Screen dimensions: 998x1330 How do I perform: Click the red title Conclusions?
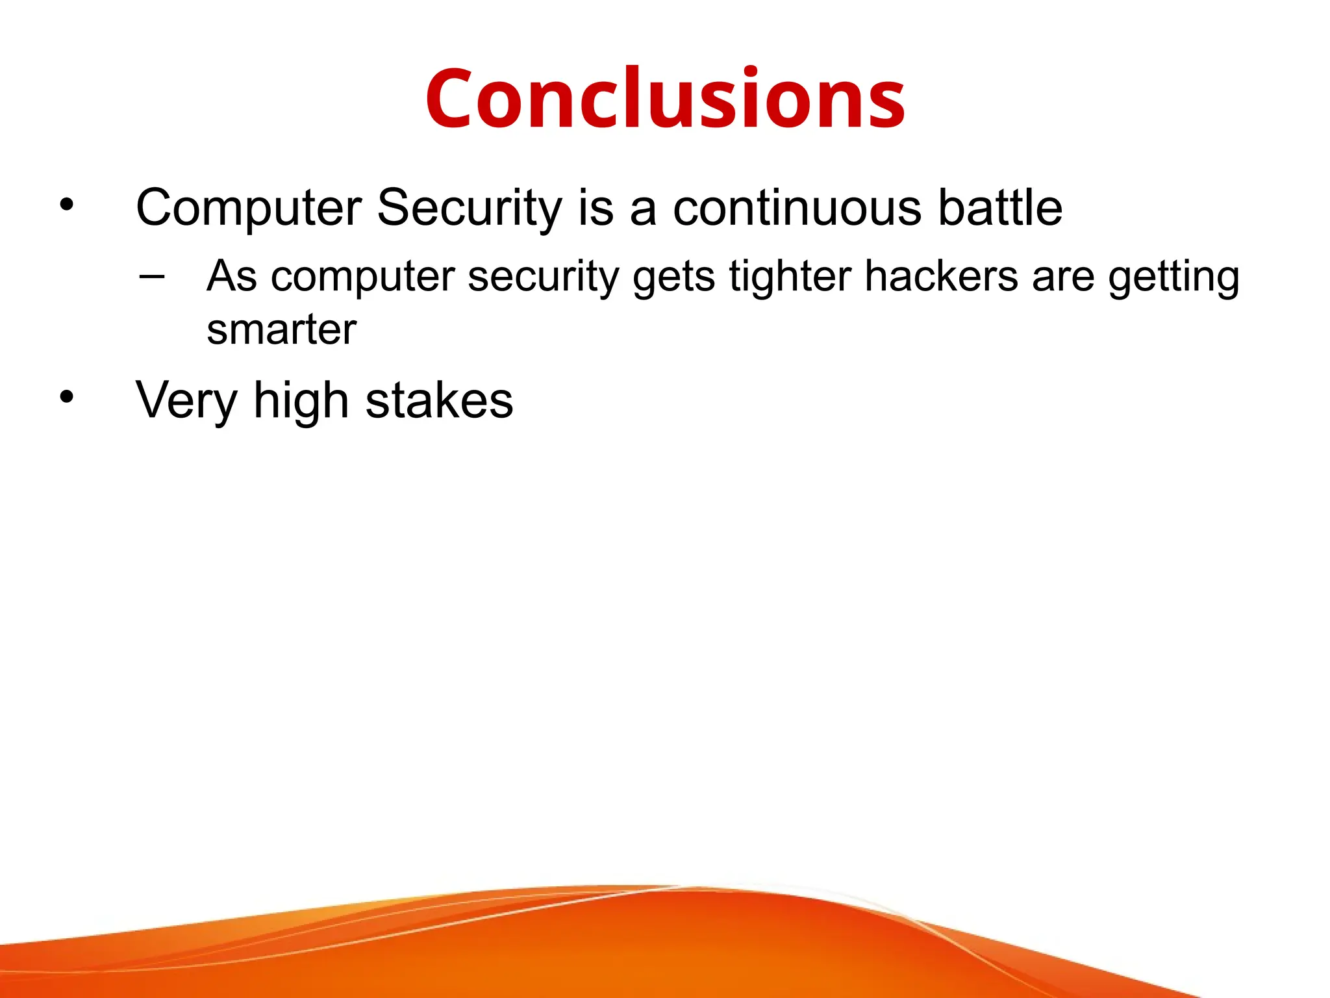coord(665,99)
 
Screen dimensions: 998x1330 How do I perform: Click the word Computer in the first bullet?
coord(249,208)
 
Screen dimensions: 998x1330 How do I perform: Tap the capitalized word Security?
coord(470,208)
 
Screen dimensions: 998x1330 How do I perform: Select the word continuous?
coord(797,208)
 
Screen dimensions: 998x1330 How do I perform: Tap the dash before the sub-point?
coord(151,276)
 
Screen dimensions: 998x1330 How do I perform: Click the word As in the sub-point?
coord(232,276)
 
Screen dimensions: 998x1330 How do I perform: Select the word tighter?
coord(790,276)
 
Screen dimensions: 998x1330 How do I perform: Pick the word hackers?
coord(941,276)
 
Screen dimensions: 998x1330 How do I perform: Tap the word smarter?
coord(281,329)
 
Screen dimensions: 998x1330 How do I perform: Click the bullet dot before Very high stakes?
coord(66,397)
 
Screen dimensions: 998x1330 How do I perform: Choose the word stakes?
coord(440,401)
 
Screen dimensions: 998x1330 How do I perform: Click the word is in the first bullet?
coord(595,208)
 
